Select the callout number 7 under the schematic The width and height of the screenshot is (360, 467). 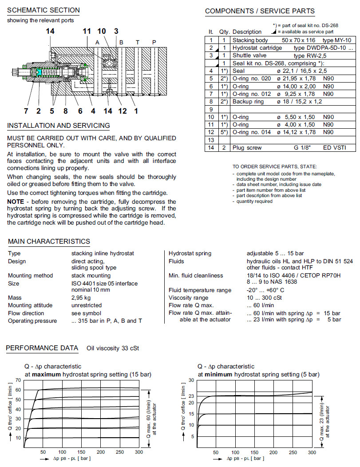(26, 110)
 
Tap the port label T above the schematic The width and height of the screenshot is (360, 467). (137, 42)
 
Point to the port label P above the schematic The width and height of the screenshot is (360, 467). (154, 42)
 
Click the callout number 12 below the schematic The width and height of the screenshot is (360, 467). (123, 110)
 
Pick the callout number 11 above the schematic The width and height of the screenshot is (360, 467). (87, 31)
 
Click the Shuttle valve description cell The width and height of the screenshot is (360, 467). (248, 55)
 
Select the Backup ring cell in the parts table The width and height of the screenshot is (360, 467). (248, 101)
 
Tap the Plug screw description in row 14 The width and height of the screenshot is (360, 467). (247, 147)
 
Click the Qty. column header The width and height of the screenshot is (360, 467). (225, 32)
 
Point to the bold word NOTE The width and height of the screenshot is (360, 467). (16, 202)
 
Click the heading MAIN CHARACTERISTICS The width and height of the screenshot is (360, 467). (49, 241)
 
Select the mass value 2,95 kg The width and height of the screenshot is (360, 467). (81, 298)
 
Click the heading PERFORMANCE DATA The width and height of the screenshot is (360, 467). (42, 348)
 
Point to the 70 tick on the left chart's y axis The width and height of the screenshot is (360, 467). (18, 380)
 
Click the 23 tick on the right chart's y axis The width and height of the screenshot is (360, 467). (191, 396)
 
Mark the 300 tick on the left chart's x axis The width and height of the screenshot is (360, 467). (139, 452)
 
